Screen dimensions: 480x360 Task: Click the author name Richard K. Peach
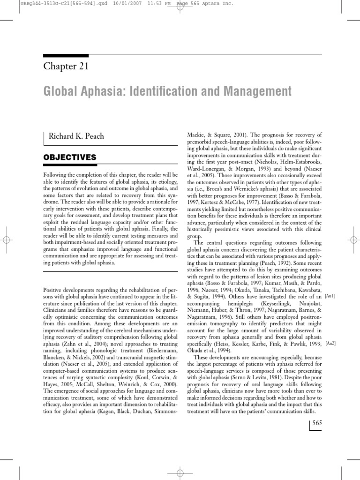coord(75,136)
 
